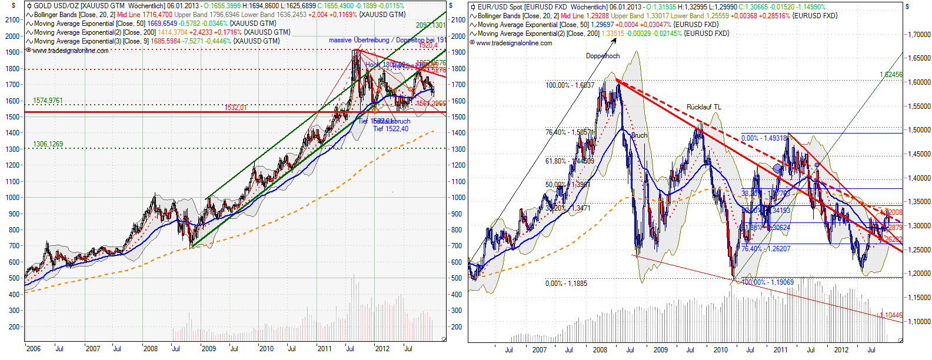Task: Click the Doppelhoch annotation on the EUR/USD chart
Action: point(603,56)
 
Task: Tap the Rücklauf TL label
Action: point(704,107)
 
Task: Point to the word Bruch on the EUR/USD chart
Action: point(639,135)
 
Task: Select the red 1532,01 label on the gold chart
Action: point(235,108)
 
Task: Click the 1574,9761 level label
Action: point(48,101)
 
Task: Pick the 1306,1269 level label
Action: point(48,144)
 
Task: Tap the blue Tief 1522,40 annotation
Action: point(391,129)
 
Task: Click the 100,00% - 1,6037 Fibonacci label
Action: point(570,85)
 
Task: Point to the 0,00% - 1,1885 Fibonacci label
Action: point(566,284)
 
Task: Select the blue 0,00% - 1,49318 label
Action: point(764,138)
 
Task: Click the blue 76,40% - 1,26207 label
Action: point(765,249)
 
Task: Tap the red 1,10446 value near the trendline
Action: point(891,315)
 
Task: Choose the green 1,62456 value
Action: point(891,75)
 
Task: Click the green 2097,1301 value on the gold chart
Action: point(431,25)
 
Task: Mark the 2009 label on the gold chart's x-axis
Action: point(209,349)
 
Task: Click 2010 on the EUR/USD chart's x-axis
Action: point(720,350)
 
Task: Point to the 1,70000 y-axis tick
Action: point(918,35)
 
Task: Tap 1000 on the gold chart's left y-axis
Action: point(12,198)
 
